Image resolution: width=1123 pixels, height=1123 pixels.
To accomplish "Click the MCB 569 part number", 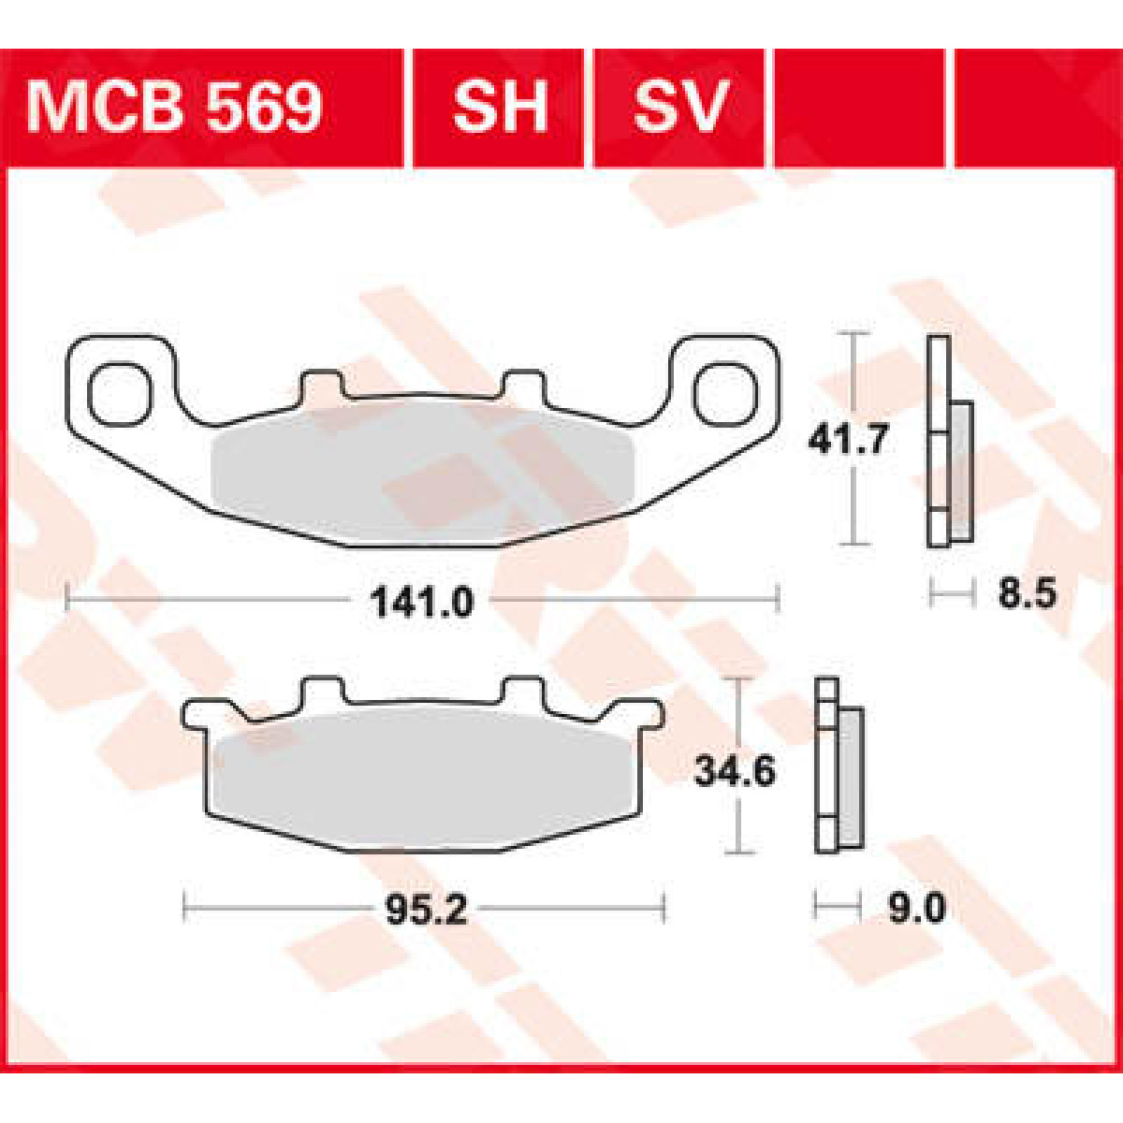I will pos(175,107).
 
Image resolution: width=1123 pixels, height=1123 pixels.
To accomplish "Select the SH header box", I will pos(499,107).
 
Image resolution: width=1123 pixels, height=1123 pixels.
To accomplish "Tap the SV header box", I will pos(679,107).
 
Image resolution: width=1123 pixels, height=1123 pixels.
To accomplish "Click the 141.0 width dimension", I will pos(422,602).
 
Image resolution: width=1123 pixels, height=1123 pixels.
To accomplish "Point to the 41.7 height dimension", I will pos(848,438).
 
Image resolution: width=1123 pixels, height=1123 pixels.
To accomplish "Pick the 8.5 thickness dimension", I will pos(1027,593).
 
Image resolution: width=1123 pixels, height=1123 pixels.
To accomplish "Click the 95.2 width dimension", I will pos(426,909).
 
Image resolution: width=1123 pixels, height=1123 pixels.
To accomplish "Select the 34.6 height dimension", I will pos(735,772).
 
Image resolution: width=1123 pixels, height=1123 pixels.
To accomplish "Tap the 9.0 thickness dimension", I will pos(916,908).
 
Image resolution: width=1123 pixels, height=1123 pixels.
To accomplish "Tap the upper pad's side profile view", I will pos(950,442).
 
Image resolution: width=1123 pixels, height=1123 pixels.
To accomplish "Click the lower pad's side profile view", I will pos(838,766).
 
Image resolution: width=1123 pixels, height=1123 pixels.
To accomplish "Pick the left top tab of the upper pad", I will pos(320,386).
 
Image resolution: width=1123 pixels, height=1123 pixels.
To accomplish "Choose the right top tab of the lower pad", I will pos(522,691).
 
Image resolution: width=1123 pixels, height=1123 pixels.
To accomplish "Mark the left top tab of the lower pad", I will pos(320,691).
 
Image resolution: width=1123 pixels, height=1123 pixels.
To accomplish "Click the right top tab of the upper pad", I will pos(522,386).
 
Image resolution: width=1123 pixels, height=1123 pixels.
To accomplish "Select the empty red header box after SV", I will pos(859,107).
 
